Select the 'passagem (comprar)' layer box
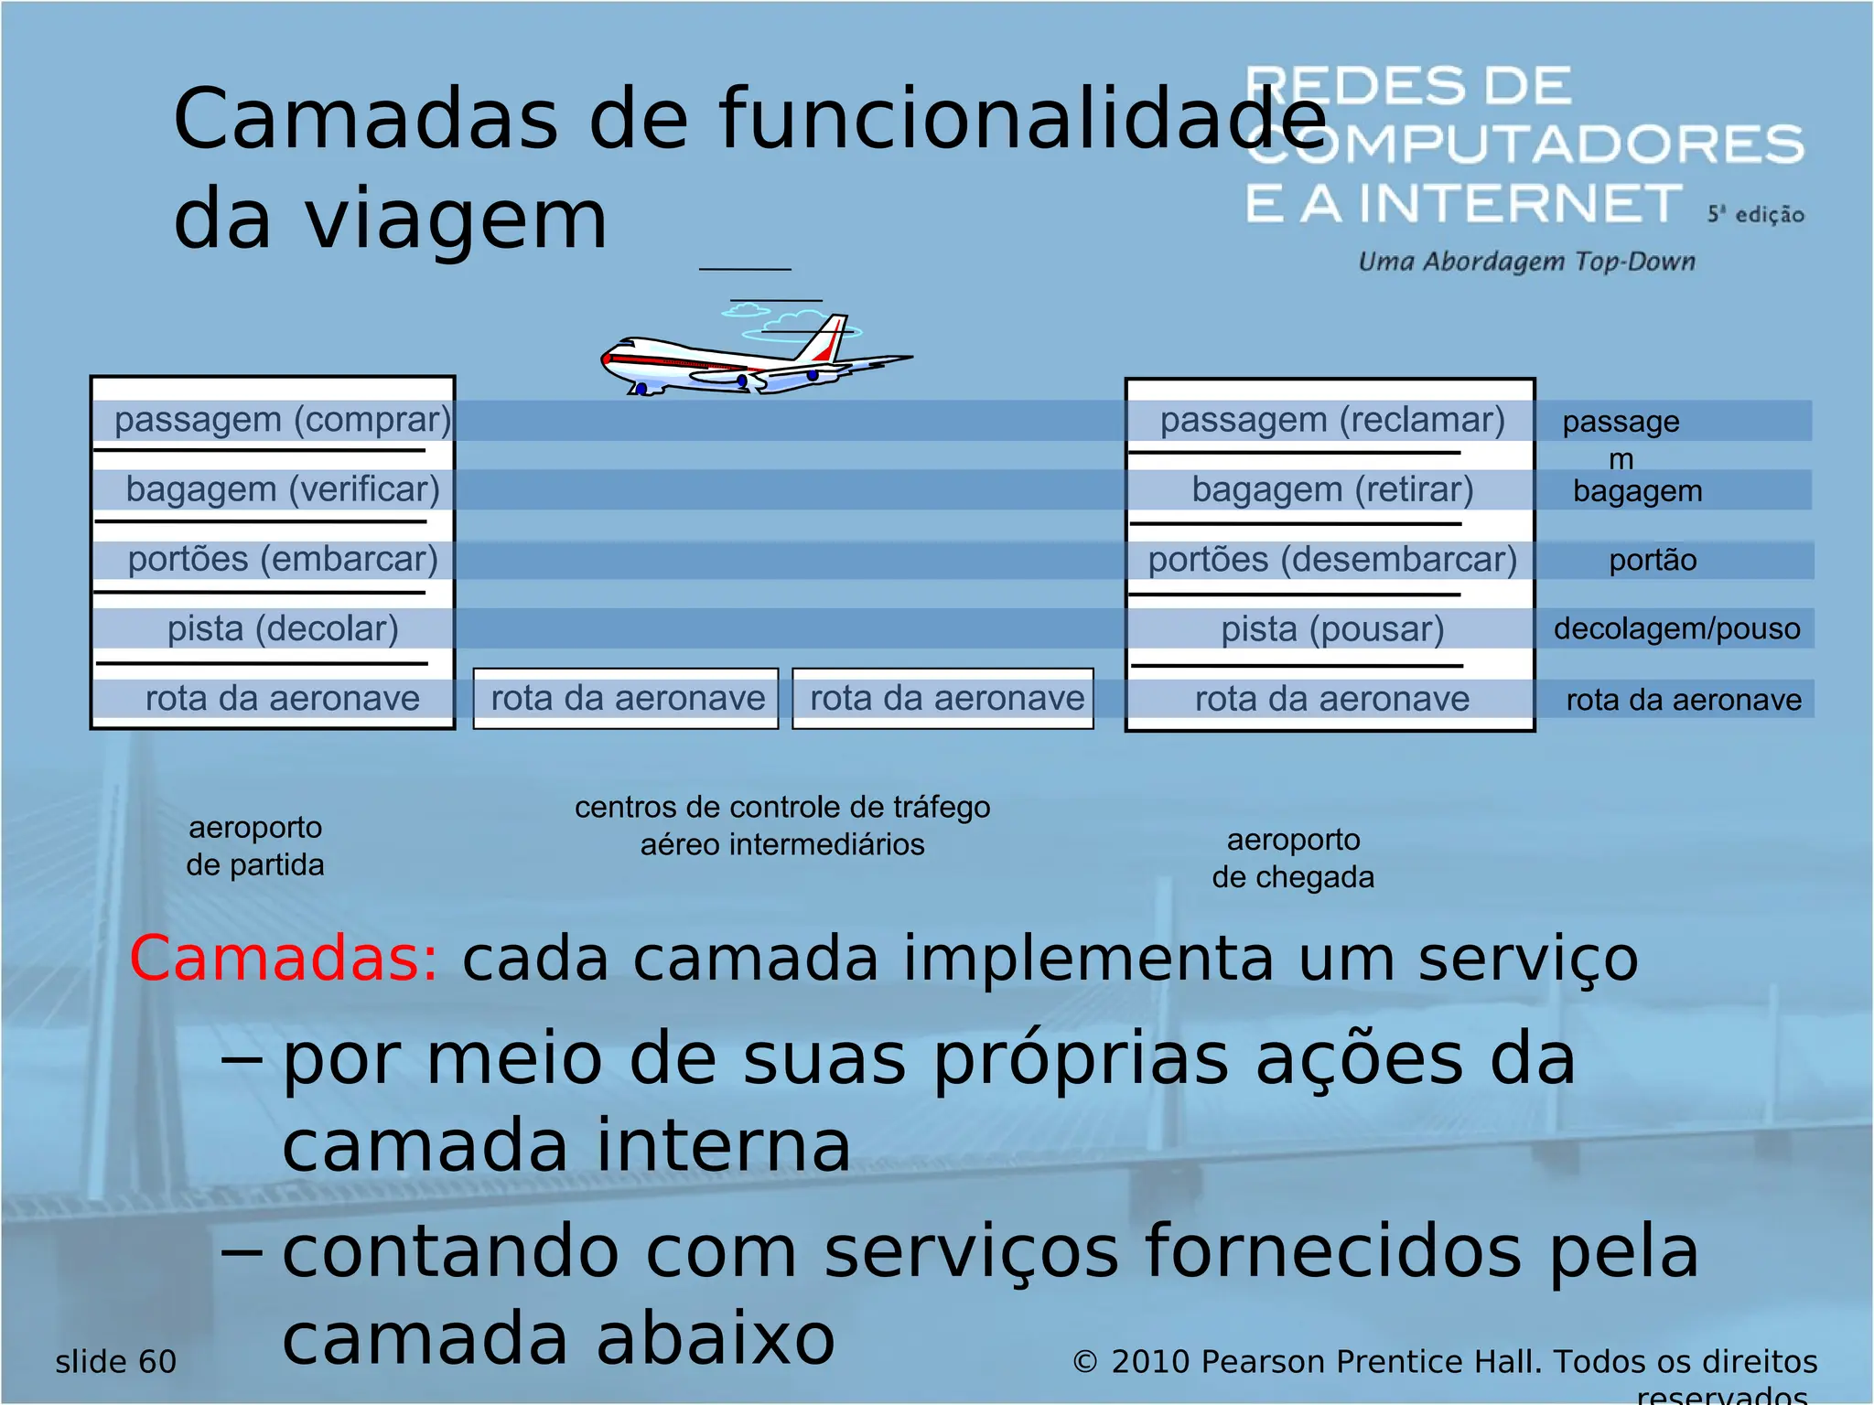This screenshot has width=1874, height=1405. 283,420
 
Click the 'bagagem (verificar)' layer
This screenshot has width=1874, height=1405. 283,489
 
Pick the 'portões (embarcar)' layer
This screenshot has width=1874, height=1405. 283,559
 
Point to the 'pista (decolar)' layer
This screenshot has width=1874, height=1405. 283,628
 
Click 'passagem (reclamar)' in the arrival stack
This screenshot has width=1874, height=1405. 1332,420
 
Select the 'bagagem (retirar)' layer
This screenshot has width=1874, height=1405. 1332,489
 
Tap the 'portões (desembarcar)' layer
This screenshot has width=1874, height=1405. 1332,559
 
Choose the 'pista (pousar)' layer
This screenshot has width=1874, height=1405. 1332,629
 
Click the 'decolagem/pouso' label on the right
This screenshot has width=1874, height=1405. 1676,628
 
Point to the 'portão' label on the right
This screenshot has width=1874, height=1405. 1653,560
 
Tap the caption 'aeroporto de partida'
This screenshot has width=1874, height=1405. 255,846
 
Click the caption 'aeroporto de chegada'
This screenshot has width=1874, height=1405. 1293,858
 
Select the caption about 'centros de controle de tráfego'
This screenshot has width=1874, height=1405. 782,825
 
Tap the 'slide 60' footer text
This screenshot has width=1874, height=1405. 116,1361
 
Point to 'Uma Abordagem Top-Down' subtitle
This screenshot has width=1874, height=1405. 1526,262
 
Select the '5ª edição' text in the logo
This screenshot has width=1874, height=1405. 1755,214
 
